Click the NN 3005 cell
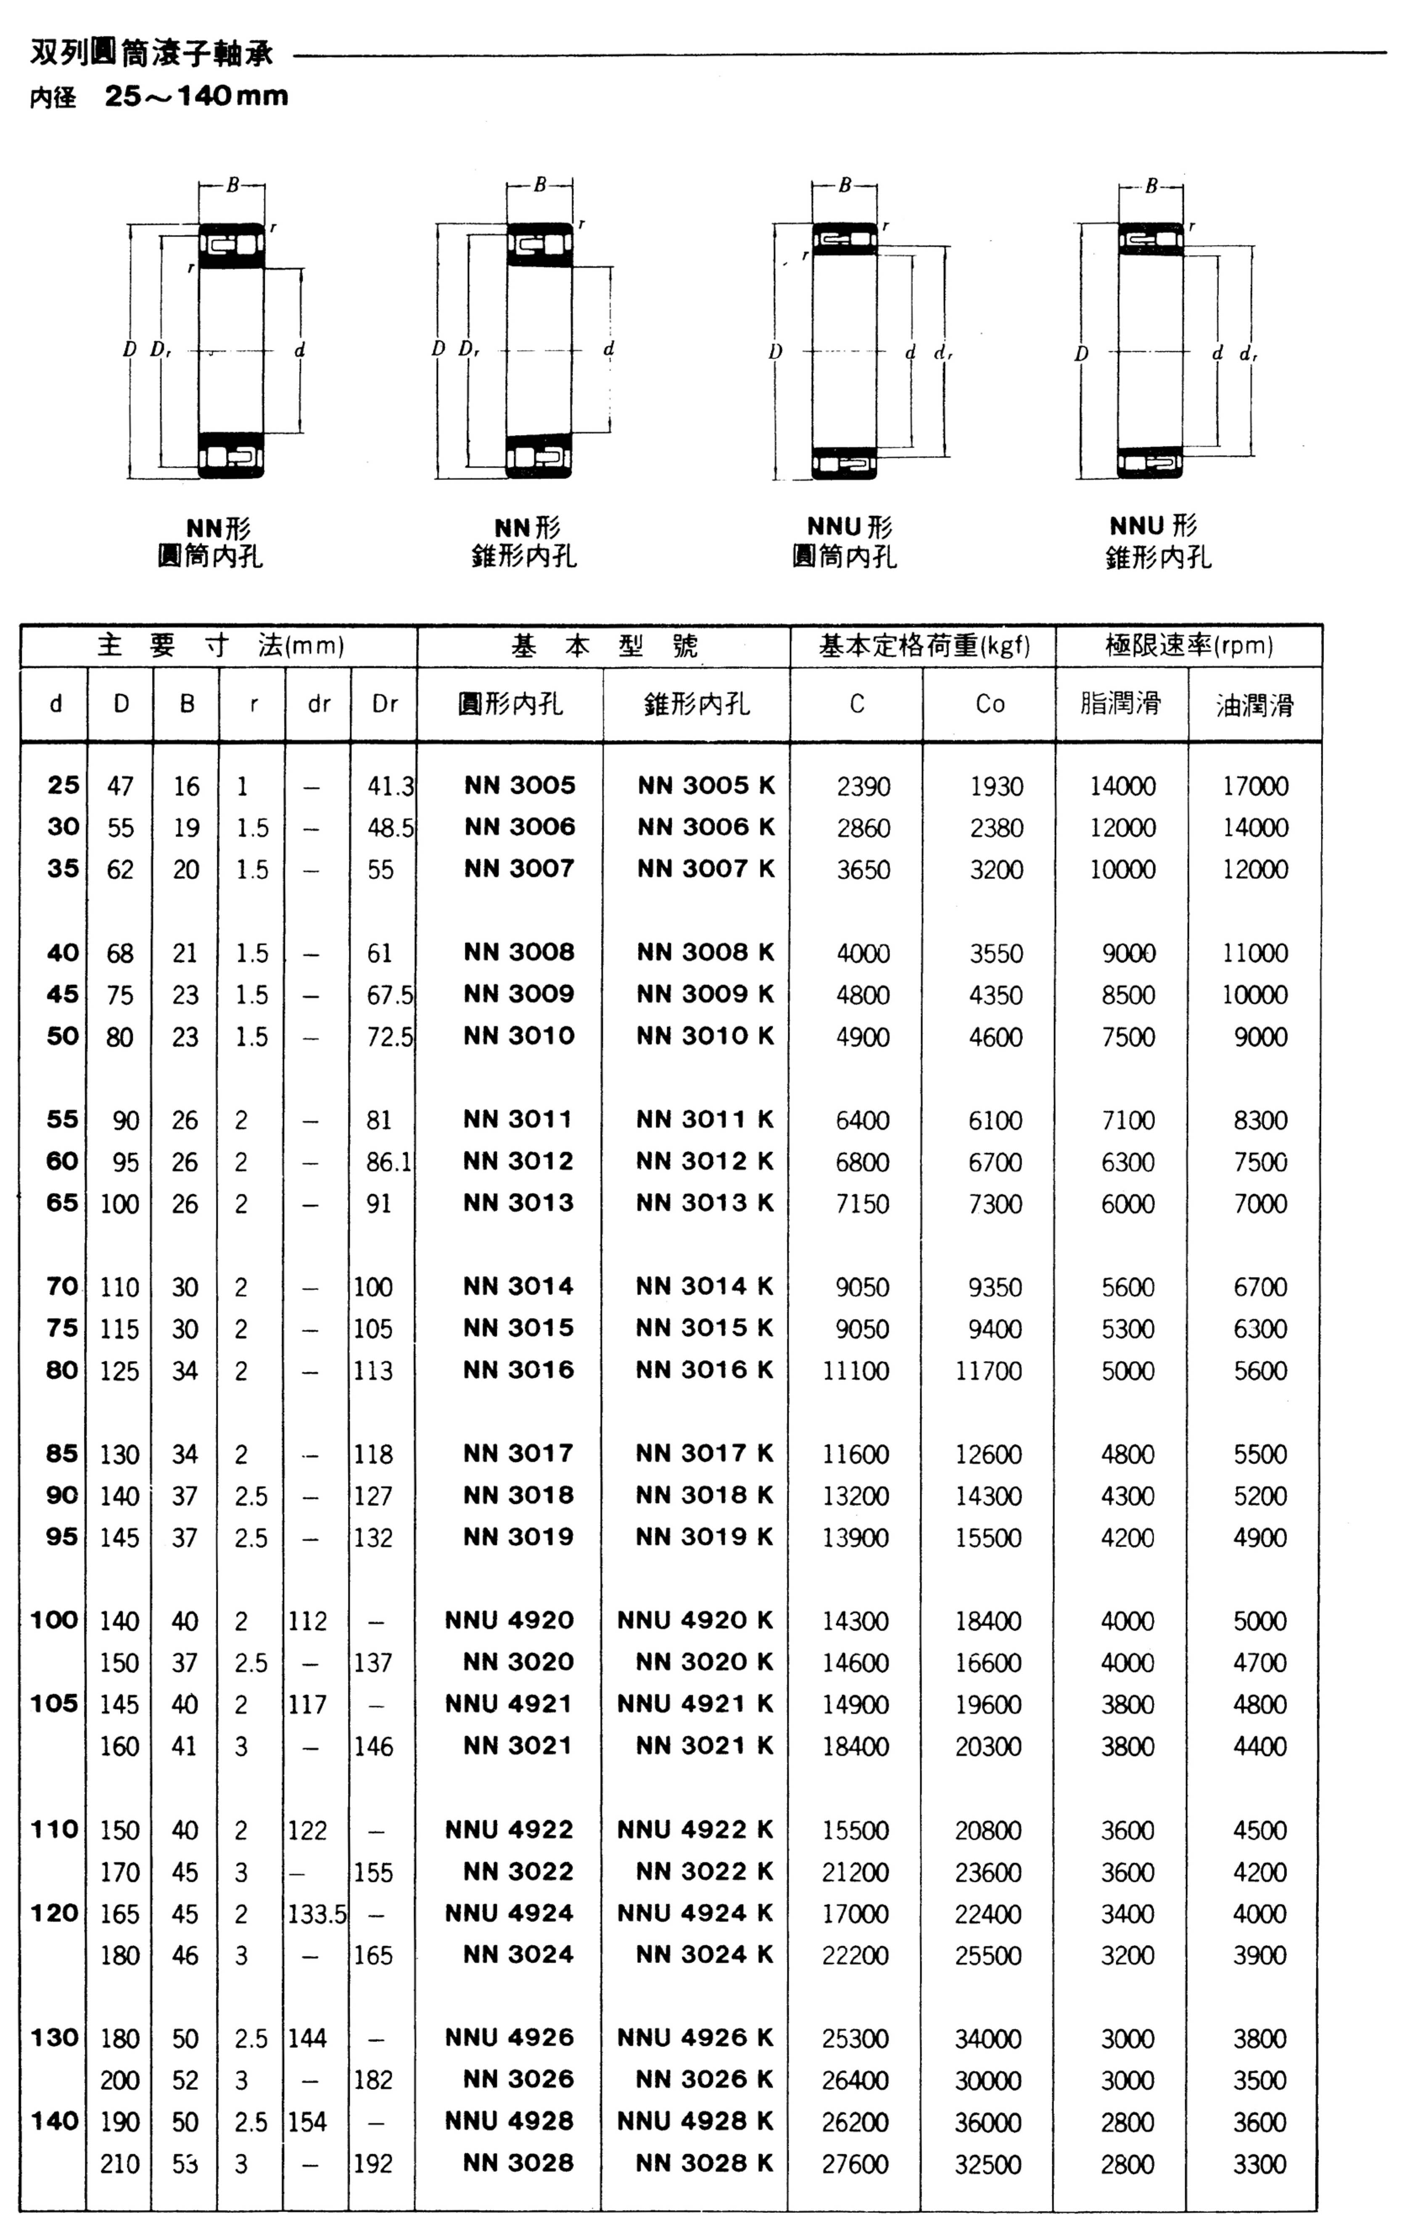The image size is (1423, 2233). click(x=520, y=786)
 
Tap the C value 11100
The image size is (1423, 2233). click(x=855, y=1370)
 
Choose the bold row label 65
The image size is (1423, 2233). click(x=62, y=1203)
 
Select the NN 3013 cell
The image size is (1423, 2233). click(x=519, y=1203)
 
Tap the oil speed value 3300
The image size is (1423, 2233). click(x=1259, y=2165)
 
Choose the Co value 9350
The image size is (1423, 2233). click(x=995, y=1287)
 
